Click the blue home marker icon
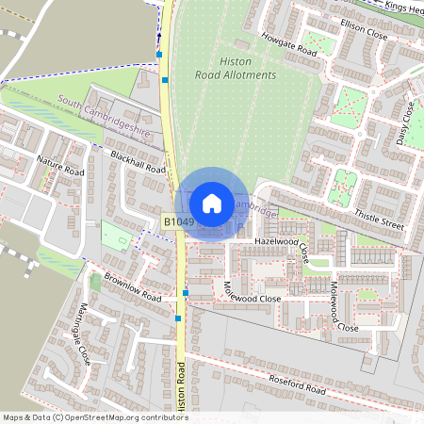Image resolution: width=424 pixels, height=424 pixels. [x=212, y=203]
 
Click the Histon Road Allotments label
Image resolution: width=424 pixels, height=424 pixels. [x=235, y=67]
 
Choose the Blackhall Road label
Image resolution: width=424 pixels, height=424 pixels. [x=138, y=162]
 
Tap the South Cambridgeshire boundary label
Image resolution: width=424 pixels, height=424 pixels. [x=104, y=117]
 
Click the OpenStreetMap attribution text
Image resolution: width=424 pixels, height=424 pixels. [x=94, y=417]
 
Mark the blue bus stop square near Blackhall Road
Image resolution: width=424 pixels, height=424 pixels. [x=165, y=81]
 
